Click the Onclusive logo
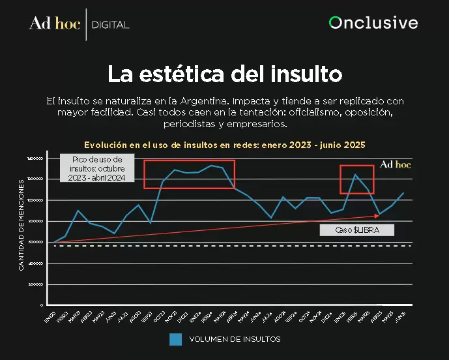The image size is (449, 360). coord(373,23)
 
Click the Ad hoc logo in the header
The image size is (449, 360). coord(55,24)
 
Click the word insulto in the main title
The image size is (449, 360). coord(306,74)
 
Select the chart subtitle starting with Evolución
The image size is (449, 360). coord(225,145)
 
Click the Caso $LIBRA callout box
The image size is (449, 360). coord(358,230)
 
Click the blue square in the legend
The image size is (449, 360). coord(175,339)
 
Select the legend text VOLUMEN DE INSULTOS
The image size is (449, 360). coord(235,339)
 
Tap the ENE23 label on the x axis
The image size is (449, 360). coord(50,317)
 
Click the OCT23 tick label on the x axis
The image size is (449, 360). coord(158,317)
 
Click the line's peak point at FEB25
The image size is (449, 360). coord(355,175)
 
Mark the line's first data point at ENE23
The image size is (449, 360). coord(53,242)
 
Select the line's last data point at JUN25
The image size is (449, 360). coord(404,193)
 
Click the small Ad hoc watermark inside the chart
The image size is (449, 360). coord(396,165)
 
